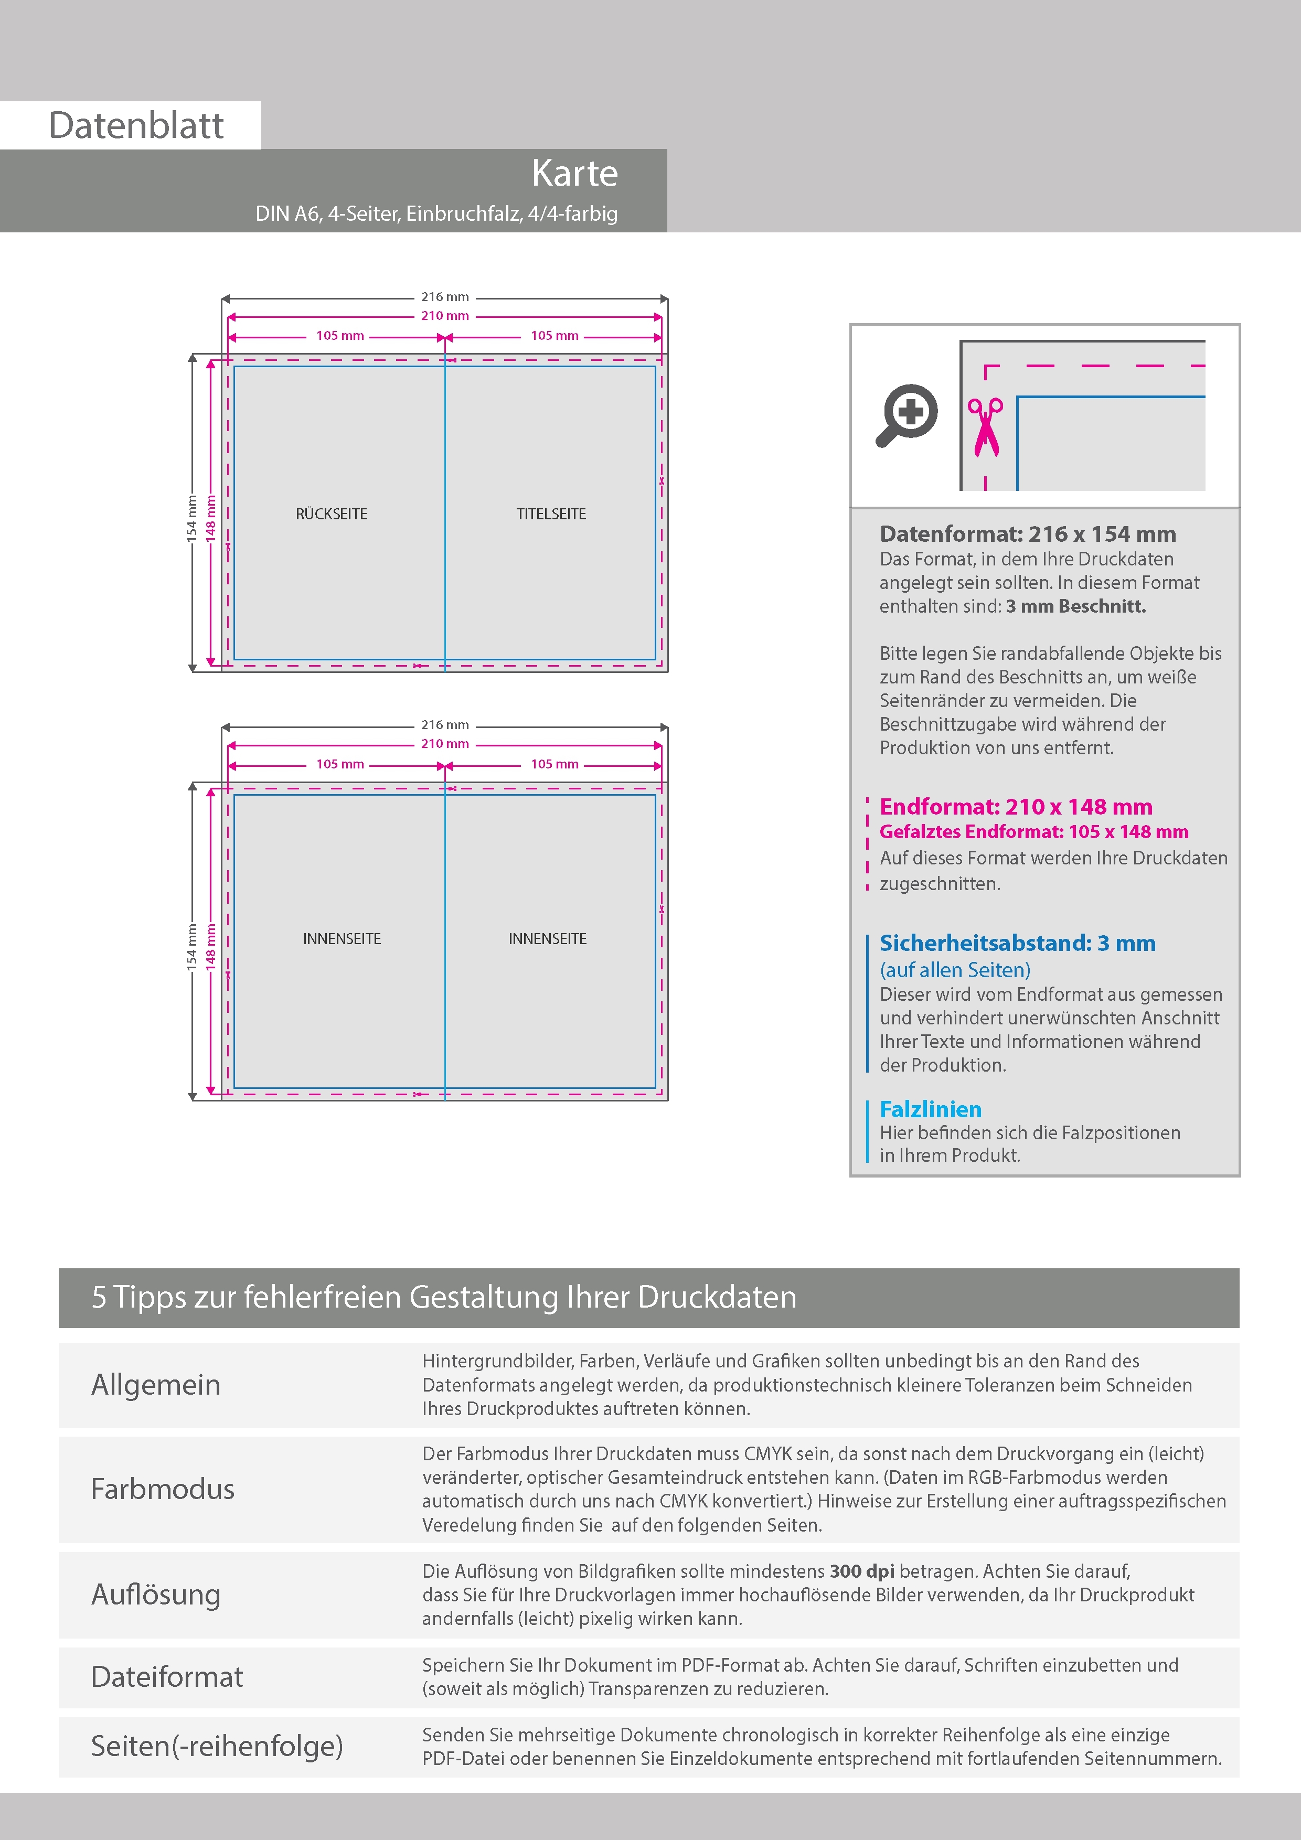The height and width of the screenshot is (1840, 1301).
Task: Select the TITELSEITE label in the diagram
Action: point(551,514)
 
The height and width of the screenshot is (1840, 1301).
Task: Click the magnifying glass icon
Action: point(907,414)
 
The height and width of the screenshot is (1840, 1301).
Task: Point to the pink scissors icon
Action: point(985,427)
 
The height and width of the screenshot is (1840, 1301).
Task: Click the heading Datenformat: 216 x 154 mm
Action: point(1028,534)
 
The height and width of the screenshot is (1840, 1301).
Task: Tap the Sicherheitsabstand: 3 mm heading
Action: point(1017,943)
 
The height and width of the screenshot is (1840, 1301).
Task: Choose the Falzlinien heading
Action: point(930,1109)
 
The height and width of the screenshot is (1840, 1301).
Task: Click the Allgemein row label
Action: point(155,1384)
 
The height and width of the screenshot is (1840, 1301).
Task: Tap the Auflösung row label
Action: point(155,1594)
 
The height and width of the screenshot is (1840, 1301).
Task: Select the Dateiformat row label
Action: point(167,1676)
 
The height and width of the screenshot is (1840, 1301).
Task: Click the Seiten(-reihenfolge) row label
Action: point(217,1746)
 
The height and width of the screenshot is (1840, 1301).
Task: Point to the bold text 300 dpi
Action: point(862,1571)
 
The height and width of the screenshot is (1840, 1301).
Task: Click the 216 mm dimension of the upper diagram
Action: point(445,296)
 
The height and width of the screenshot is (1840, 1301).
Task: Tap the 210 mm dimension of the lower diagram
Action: point(445,744)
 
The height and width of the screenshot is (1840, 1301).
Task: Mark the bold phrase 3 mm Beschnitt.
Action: point(1076,606)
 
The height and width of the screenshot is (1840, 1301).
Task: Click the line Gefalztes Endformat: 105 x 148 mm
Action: point(1034,832)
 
